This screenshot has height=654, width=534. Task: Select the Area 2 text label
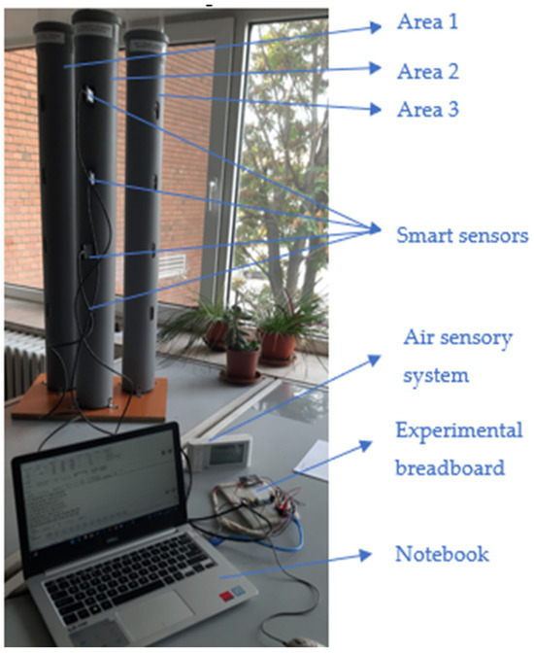pos(427,70)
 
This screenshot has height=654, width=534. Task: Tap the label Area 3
pos(427,110)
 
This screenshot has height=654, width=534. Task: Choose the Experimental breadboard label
pos(458,448)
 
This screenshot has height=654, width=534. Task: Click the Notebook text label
pos(442,555)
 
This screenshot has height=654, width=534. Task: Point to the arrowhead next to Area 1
pos(378,27)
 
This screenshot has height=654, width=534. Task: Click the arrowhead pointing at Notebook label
pos(367,555)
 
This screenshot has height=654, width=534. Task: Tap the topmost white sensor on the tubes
pos(88,94)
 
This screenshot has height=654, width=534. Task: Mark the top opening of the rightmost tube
pos(143,37)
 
